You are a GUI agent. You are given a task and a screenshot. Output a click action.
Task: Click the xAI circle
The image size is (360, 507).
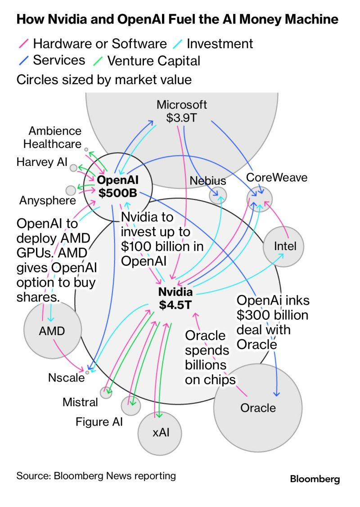coord(160,433)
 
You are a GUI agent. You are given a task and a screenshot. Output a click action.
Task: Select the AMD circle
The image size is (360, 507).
coord(52,331)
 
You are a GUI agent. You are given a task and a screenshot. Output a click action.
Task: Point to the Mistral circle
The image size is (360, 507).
coord(106,393)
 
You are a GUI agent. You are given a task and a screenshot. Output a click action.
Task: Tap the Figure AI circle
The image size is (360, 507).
coord(131,405)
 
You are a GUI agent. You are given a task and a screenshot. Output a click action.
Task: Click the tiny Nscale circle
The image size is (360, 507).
coord(87,372)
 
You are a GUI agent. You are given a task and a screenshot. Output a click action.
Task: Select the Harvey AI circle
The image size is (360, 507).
coord(73,168)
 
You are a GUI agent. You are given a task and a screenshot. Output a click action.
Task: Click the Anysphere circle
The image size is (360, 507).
coord(71,190)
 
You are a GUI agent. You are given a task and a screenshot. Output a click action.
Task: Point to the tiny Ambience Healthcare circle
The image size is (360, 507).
coord(86,148)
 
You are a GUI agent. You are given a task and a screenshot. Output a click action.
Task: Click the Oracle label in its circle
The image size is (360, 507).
coord(258,408)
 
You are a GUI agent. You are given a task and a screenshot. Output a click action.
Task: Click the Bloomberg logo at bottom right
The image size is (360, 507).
coord(315,479)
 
